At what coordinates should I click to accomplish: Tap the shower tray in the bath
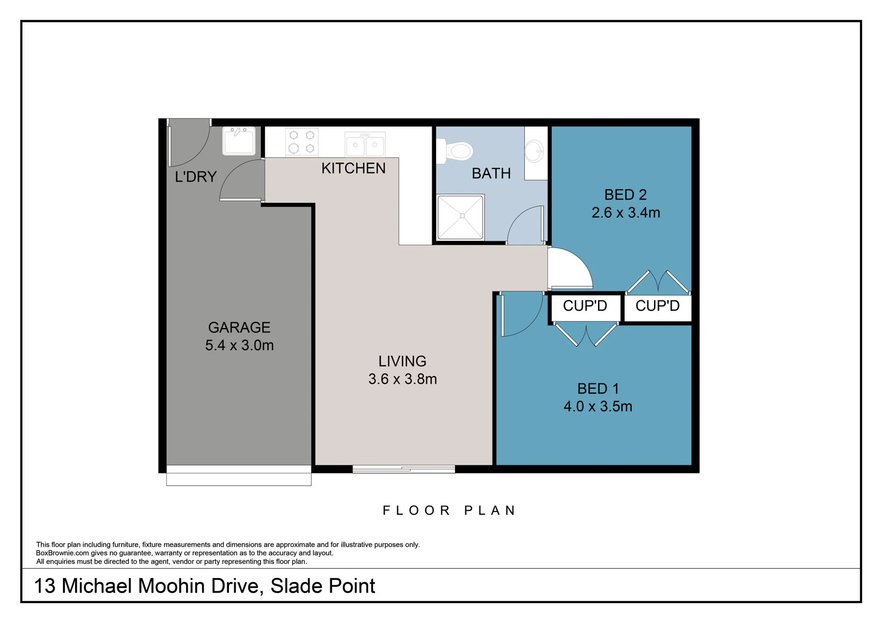461,217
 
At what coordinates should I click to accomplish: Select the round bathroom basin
534,151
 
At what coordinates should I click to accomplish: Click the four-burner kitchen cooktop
302,142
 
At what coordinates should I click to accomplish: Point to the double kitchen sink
365,144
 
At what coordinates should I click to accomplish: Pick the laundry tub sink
239,141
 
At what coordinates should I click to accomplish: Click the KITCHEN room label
353,169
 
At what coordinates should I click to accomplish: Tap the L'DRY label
195,177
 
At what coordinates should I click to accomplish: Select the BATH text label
491,174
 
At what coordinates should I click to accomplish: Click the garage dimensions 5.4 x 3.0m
239,345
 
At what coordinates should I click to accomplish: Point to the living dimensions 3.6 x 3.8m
403,379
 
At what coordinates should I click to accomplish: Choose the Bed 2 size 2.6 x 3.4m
626,213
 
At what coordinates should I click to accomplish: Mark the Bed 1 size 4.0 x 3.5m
598,407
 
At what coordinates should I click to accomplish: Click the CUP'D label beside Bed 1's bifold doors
585,306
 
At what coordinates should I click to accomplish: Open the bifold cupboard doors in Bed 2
658,282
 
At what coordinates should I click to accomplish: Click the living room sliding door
404,469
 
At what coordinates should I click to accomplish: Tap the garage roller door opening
239,476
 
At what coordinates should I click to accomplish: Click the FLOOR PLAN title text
450,510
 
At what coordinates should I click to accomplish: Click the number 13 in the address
45,586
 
